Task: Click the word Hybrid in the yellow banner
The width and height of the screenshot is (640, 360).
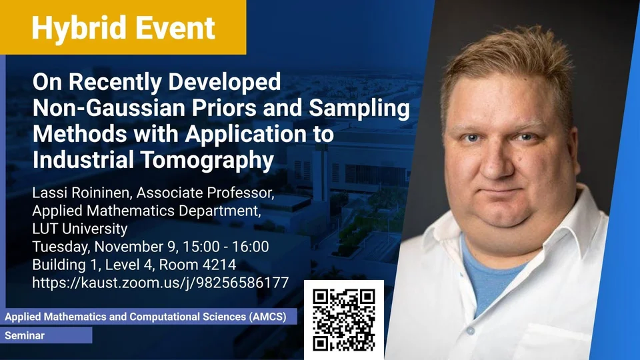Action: coord(79,29)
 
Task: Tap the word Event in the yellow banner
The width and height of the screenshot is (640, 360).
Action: coord(175,28)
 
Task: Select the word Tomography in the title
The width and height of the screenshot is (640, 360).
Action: coord(208,160)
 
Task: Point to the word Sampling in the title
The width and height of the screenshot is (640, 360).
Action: coord(359,109)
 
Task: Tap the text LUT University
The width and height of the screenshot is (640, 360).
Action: coord(80,229)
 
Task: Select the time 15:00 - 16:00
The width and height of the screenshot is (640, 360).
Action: coord(226,247)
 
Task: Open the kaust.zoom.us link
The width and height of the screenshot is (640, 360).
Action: coord(161,283)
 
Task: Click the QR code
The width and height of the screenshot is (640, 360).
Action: coord(344,319)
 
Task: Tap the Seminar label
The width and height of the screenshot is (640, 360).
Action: coord(25,335)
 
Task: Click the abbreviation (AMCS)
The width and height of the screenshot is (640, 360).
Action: coord(268,317)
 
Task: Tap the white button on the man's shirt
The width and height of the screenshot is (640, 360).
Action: coord(470,330)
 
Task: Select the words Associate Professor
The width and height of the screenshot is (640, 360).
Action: coord(205,192)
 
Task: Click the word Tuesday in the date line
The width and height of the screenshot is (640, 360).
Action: coord(61,247)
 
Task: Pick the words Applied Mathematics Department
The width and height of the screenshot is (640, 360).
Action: coord(147,211)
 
